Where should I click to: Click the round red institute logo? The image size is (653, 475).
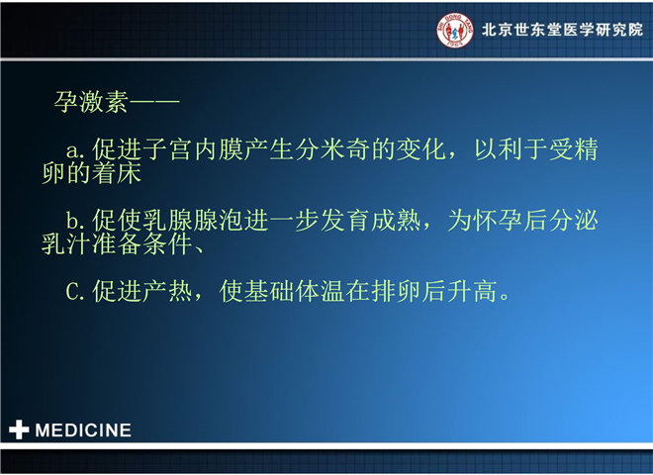[x=455, y=31]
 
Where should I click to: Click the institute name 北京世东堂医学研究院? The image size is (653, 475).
[x=563, y=30]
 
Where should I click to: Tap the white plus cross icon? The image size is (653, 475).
[x=19, y=429]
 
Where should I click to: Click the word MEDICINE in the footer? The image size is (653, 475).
[x=83, y=430]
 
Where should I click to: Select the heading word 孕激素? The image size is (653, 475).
[x=91, y=102]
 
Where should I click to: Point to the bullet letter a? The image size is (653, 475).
[x=72, y=150]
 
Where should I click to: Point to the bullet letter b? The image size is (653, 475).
[x=72, y=220]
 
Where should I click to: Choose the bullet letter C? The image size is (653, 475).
[x=72, y=291]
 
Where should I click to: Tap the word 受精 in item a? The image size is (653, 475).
[x=574, y=149]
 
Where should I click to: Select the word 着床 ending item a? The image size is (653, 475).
[x=116, y=173]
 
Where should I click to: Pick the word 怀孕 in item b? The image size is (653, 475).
[x=498, y=220]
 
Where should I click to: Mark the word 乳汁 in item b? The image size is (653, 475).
[x=66, y=243]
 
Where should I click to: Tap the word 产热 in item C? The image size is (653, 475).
[x=167, y=291]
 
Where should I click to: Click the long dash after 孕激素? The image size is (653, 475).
[x=154, y=101]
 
